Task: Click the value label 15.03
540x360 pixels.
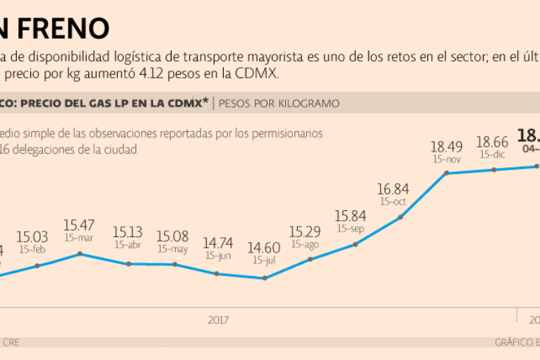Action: tap(32, 237)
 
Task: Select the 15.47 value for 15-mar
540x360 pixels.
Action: tap(79, 226)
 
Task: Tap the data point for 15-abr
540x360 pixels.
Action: tap(128, 264)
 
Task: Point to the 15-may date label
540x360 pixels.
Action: tap(172, 248)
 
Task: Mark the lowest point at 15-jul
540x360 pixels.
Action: tap(265, 278)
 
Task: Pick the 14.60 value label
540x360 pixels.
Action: tap(263, 248)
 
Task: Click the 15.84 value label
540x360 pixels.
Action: tap(350, 216)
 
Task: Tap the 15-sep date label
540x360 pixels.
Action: tap(350, 229)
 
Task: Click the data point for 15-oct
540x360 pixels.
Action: tap(400, 217)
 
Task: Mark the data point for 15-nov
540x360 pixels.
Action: tap(446, 173)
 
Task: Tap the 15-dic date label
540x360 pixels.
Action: tap(492, 154)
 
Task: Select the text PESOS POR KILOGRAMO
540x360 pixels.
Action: tap(279, 104)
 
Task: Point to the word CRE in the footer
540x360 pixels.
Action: tap(11, 342)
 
